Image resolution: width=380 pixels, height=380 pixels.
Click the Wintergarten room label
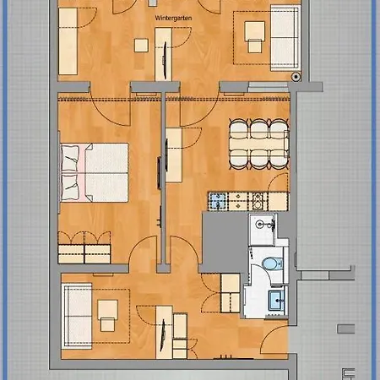click(x=173, y=18)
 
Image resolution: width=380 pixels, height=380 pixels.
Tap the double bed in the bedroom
click(x=95, y=172)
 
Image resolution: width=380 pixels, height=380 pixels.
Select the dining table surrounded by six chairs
click(x=258, y=144)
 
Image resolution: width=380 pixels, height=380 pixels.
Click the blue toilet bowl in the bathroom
click(x=270, y=264)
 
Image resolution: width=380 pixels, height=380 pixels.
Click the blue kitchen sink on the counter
click(x=217, y=201)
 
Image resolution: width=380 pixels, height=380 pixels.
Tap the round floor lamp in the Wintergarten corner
click(x=296, y=77)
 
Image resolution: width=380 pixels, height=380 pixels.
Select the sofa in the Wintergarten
click(x=285, y=38)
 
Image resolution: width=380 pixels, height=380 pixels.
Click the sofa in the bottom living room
click(x=77, y=316)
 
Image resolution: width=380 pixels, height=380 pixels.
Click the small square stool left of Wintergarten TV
click(x=141, y=46)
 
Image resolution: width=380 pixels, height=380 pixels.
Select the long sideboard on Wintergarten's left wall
click(x=68, y=41)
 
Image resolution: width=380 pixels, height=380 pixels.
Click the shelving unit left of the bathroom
click(x=231, y=293)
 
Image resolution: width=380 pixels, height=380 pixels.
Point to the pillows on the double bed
click(x=70, y=172)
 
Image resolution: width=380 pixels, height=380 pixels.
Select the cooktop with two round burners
click(x=258, y=201)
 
